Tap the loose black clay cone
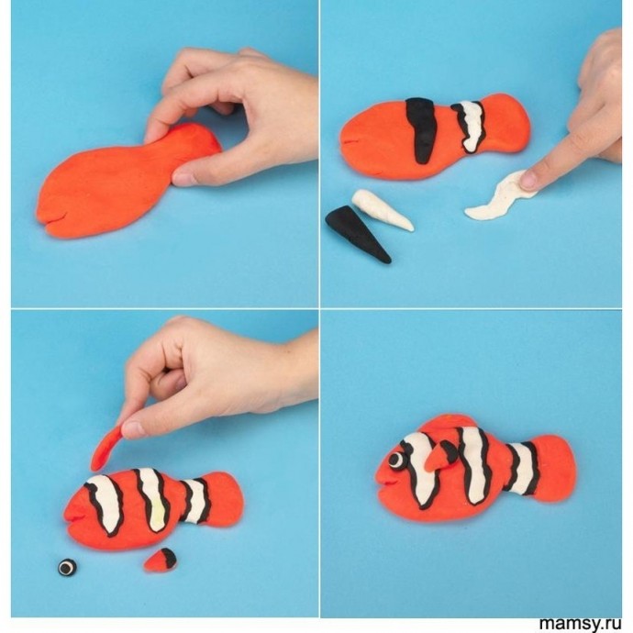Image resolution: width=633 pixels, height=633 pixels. point(357,235)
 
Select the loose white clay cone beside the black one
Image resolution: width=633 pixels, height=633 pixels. point(382,210)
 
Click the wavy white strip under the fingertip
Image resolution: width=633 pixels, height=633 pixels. point(501,195)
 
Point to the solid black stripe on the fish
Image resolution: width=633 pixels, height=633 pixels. point(422,130)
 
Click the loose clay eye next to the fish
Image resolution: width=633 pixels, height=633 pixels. point(67,567)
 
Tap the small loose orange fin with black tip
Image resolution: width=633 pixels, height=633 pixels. point(161,560)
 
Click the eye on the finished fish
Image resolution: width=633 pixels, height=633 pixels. point(398,460)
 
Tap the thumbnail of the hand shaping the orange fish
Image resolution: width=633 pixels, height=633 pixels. point(184,179)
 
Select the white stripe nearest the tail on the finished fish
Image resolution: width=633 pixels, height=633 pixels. point(522,468)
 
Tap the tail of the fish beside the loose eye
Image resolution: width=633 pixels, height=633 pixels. point(224,498)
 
